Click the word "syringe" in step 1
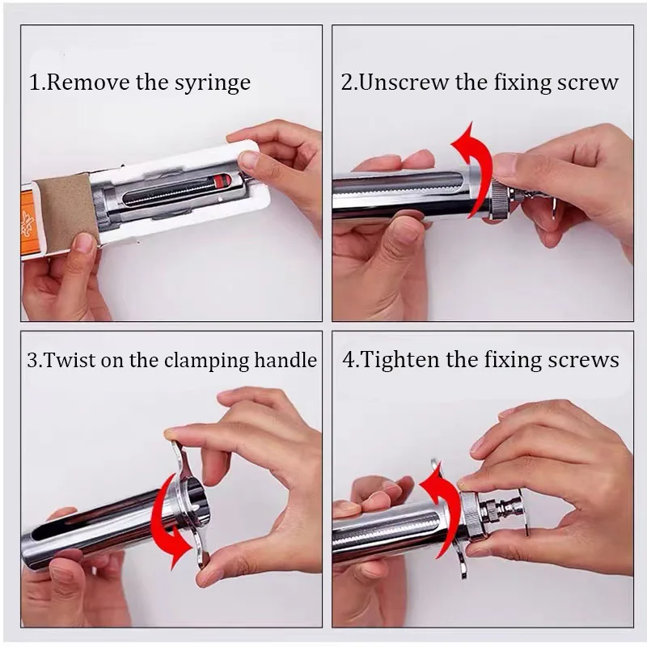click(x=213, y=83)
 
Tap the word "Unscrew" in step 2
click(x=403, y=82)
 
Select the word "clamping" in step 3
click(x=206, y=361)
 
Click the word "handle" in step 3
click(x=285, y=360)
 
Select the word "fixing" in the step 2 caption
click(x=522, y=82)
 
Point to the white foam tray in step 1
click(x=181, y=194)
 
